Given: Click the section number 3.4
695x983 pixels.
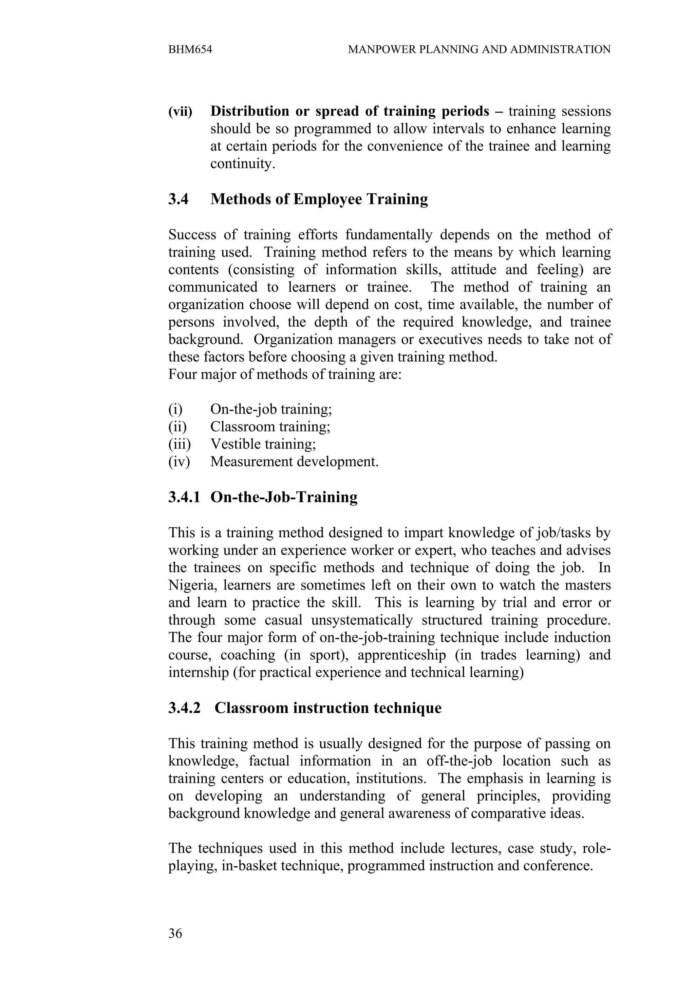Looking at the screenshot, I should (178, 199).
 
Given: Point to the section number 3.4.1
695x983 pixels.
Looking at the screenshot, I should (184, 497).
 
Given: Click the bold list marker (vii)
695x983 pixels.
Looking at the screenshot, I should (180, 111).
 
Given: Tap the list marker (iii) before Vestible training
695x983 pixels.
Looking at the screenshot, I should (179, 444).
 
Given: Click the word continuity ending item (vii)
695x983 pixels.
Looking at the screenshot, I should (242, 164).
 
